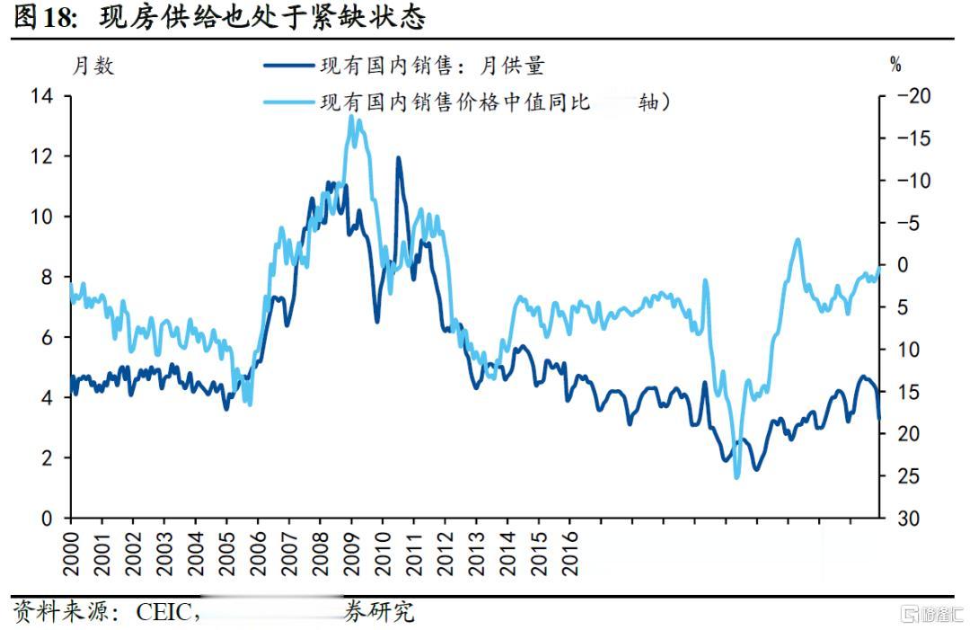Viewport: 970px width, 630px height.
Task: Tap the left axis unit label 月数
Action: pyautogui.click(x=93, y=67)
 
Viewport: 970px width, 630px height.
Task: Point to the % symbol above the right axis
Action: pyautogui.click(x=895, y=65)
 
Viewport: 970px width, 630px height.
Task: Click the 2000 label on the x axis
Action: pyautogui.click(x=72, y=554)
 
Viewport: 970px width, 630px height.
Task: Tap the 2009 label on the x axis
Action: pyautogui.click(x=352, y=554)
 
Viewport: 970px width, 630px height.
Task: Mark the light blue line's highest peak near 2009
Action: pyautogui.click(x=352, y=117)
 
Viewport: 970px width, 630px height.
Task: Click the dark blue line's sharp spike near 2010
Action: pyautogui.click(x=398, y=159)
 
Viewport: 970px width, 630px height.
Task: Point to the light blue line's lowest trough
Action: pyautogui.click(x=736, y=476)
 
